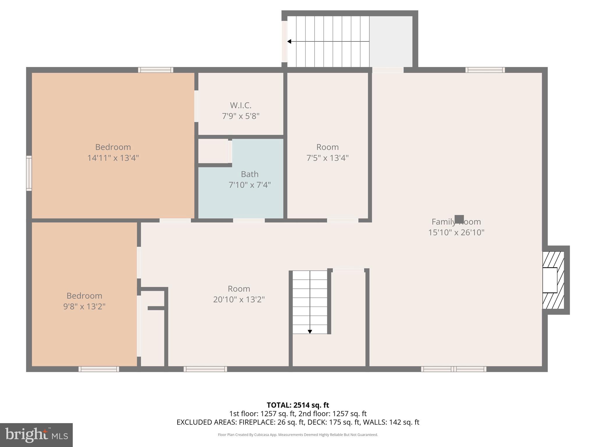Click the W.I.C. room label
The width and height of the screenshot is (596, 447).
coord(240,105)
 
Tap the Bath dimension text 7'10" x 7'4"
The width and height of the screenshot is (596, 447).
coord(249,185)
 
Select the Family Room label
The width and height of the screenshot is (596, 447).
coord(456,222)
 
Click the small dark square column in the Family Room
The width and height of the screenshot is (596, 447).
coord(459,219)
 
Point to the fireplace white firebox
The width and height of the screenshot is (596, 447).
coord(549,280)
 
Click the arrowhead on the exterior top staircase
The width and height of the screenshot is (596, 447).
coord(289,42)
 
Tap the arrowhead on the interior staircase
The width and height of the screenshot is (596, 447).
coord(310,331)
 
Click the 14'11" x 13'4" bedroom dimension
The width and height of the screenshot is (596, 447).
coord(113,158)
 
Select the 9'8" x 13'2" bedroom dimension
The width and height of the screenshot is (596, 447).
coord(84,306)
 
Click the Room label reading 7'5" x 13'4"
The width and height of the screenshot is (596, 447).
coord(327,147)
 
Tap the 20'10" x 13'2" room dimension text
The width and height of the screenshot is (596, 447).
coord(239,299)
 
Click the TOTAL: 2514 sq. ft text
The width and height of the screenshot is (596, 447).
coord(298,405)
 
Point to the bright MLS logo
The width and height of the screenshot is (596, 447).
coord(36,435)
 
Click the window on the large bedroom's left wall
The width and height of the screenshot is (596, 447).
coord(29,173)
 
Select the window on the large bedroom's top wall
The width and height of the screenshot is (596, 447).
coord(155,70)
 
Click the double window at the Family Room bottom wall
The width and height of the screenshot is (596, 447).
coord(453,369)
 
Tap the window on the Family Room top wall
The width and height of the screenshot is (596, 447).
coord(485,70)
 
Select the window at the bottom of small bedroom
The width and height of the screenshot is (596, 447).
coord(99,369)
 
